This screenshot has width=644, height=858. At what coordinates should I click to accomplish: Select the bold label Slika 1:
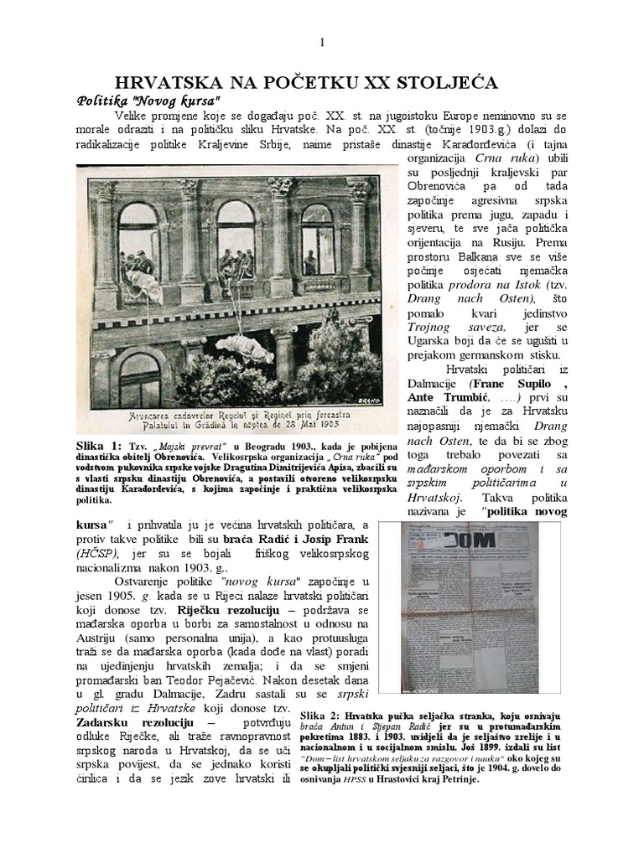pos(99,445)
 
